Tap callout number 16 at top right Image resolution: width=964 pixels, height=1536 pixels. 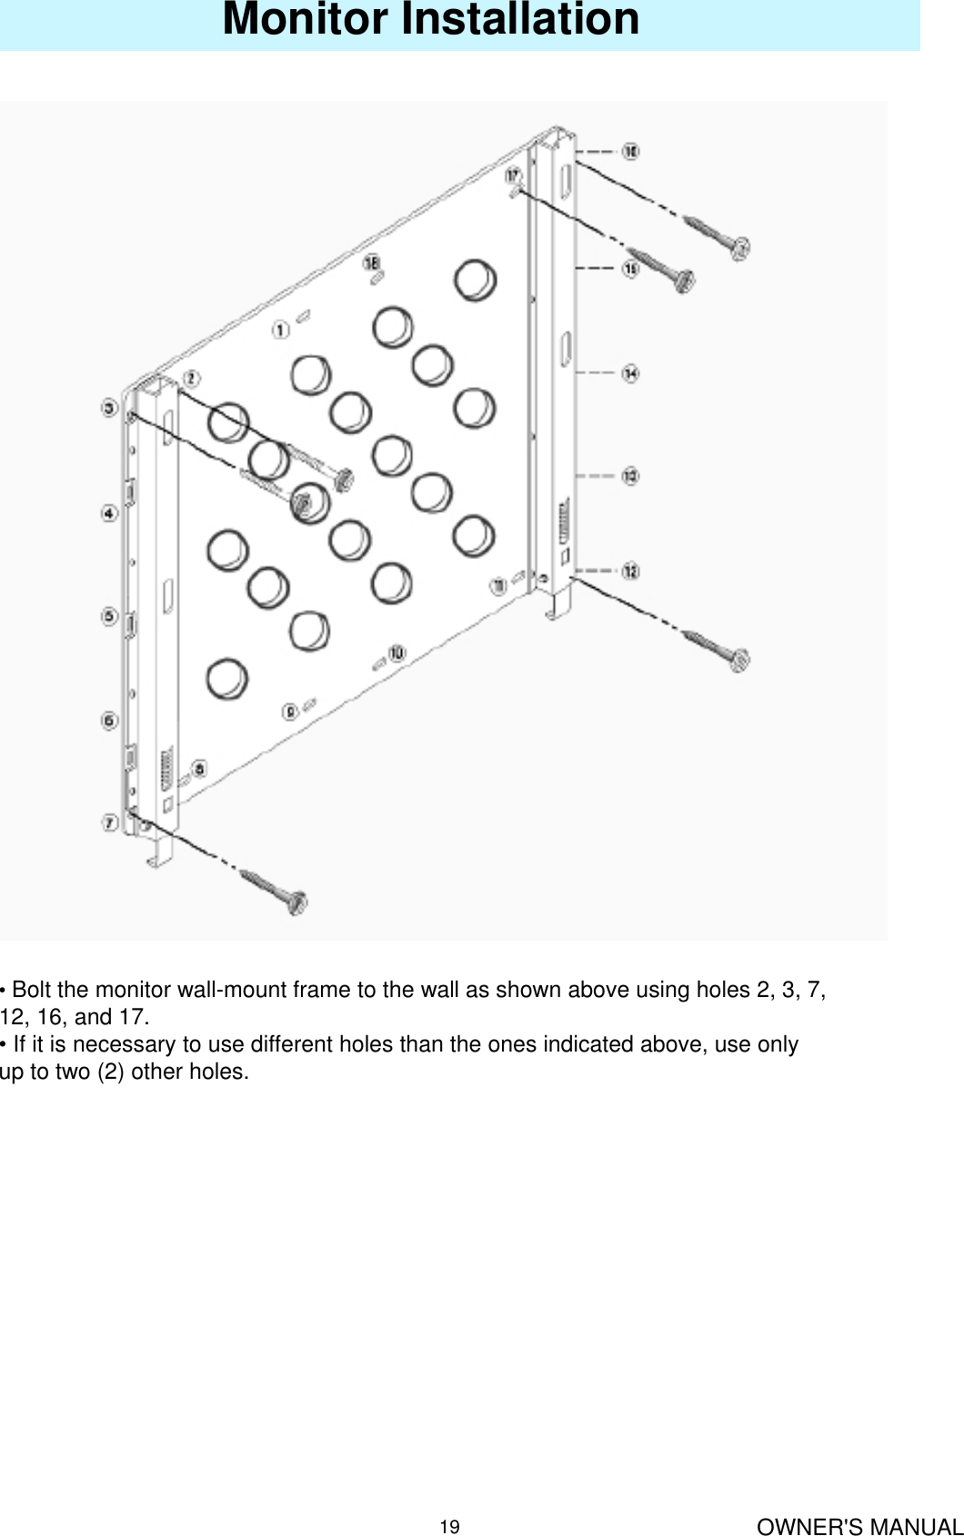[x=629, y=151]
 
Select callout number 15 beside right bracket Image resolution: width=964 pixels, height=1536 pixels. [x=629, y=269]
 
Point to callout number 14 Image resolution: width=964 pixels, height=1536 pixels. [x=629, y=373]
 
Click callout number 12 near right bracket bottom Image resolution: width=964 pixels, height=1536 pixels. [x=629, y=571]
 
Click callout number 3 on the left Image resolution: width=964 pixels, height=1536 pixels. [x=109, y=410]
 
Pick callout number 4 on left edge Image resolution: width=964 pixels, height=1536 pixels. [x=109, y=514]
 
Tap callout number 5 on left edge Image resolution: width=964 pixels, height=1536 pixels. [x=109, y=617]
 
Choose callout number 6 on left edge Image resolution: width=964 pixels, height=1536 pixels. [x=109, y=721]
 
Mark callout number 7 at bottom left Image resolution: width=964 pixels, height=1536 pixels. [x=109, y=823]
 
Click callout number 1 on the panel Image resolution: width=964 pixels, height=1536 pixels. [x=281, y=329]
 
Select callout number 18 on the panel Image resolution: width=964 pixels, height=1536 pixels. [x=372, y=263]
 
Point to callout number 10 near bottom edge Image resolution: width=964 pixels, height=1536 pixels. [x=397, y=653]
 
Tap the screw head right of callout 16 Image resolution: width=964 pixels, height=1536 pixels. [x=741, y=246]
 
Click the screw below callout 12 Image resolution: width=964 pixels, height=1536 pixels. [x=718, y=650]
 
